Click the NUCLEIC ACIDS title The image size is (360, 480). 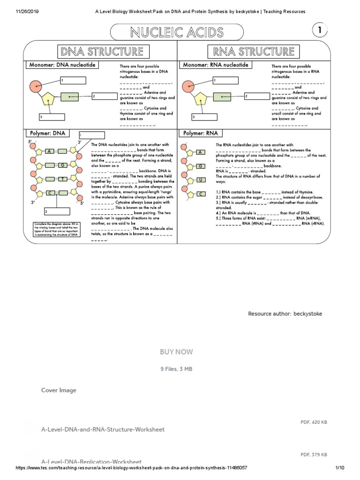[177, 32]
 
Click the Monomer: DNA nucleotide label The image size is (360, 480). [62, 65]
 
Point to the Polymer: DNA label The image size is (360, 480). [46, 133]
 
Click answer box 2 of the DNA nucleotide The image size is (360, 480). [104, 97]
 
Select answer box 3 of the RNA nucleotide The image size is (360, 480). [207, 117]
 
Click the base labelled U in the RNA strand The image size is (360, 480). [200, 180]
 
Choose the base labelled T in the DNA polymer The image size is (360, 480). [62, 179]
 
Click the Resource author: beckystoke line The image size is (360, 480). [285, 314]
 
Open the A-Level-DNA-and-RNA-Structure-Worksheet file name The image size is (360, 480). [103, 429]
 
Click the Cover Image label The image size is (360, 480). [59, 390]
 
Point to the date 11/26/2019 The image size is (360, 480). [17, 11]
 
